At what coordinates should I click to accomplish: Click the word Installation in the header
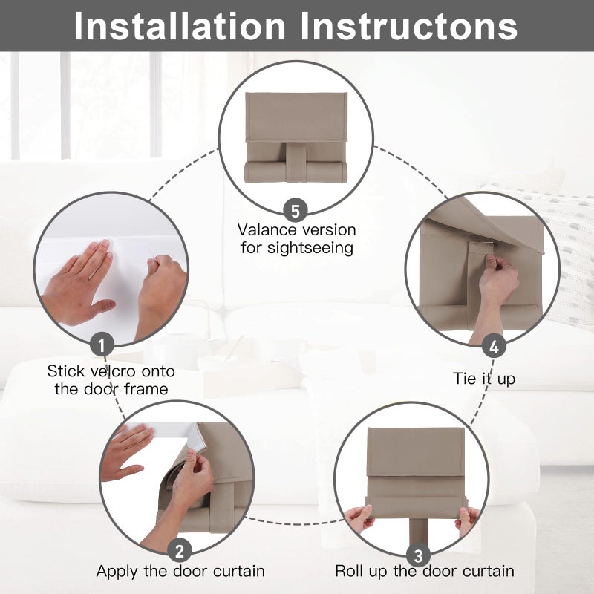[x=180, y=26]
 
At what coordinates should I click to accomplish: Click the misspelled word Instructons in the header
[x=409, y=26]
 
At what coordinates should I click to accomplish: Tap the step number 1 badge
[x=102, y=345]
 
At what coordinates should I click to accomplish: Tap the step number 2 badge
[x=179, y=550]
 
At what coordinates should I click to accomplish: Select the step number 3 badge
[x=418, y=555]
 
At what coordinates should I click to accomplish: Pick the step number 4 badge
[x=494, y=346]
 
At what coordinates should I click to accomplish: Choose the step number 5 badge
[x=296, y=211]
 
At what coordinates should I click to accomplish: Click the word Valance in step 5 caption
[x=264, y=230]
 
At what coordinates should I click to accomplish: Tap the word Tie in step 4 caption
[x=464, y=378]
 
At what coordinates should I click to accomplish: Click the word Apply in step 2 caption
[x=117, y=572]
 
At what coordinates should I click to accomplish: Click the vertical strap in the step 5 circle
[x=296, y=162]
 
